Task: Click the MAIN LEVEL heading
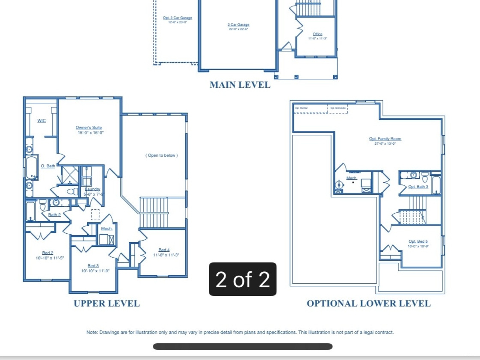(240, 85)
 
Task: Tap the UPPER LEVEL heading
(107, 303)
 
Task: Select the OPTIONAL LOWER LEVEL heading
(368, 303)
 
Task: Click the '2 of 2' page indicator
(243, 279)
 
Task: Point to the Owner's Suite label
(89, 128)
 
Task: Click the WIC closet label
(41, 121)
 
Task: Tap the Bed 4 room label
(164, 250)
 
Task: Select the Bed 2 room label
(47, 253)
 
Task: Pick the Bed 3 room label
(93, 266)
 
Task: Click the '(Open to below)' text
(161, 155)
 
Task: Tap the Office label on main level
(317, 34)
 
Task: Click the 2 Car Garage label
(238, 25)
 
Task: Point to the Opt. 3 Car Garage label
(178, 18)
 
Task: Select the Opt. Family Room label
(385, 139)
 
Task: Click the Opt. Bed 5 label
(418, 241)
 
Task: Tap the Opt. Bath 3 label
(418, 187)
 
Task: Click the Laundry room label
(93, 189)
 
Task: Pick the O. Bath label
(48, 166)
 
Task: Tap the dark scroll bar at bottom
(243, 346)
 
